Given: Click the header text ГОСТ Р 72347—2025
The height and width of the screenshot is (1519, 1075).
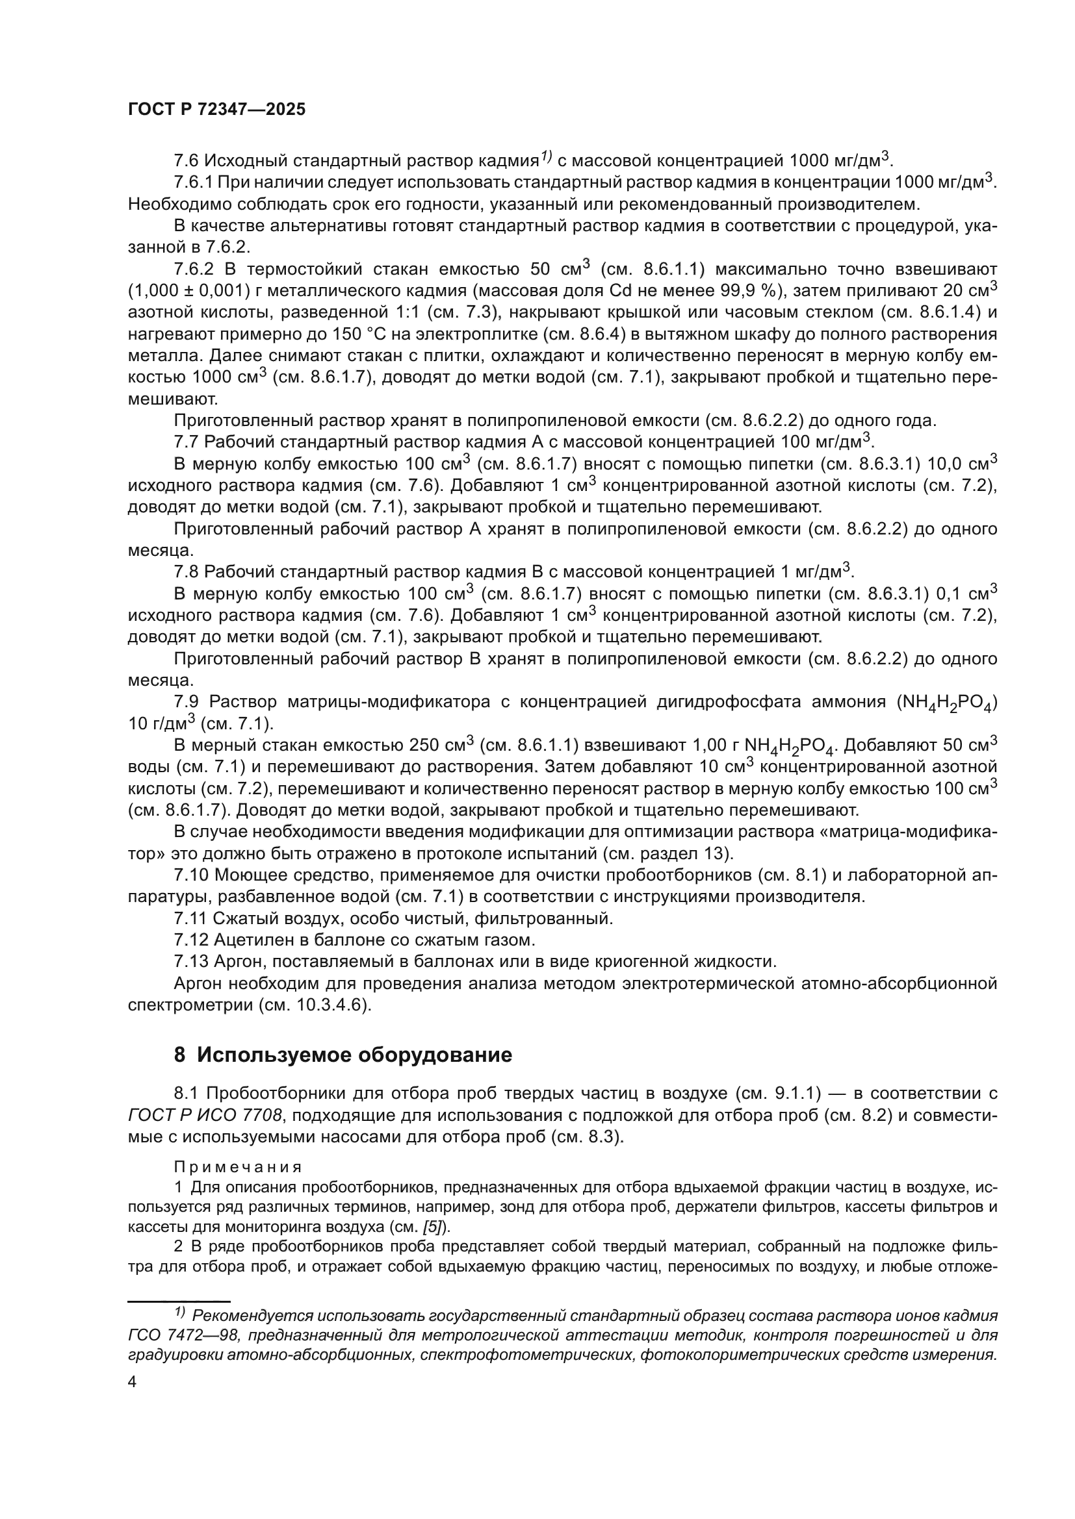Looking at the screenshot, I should (x=216, y=110).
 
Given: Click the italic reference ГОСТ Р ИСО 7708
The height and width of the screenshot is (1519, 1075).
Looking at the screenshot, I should (x=206, y=1116).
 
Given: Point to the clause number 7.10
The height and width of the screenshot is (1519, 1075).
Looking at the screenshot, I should (x=190, y=875).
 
